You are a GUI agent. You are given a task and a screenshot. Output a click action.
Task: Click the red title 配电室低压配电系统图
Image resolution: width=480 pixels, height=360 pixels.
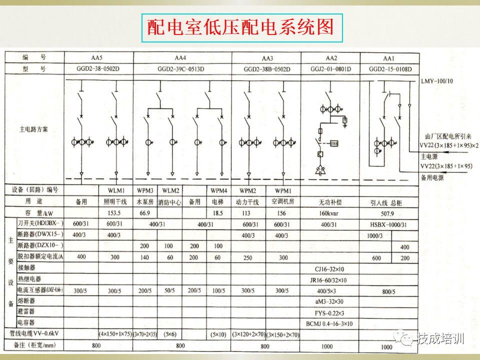[240, 27]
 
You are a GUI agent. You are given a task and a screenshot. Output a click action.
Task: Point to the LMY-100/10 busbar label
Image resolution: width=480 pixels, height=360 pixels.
[437, 80]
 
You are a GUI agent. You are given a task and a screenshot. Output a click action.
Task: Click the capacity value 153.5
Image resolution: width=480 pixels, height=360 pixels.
[115, 213]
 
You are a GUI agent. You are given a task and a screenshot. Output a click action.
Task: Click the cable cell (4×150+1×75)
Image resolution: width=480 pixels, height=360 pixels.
[115, 334]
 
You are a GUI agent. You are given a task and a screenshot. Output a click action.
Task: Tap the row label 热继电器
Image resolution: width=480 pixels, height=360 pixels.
[29, 279]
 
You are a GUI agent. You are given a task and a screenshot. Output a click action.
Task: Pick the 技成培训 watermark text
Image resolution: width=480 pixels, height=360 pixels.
[440, 339]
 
